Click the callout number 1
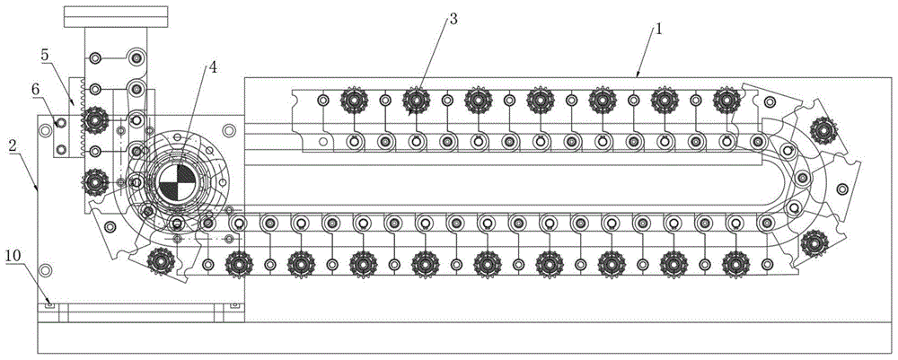click(659, 29)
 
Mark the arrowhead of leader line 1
click(638, 75)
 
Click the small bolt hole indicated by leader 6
click(61, 122)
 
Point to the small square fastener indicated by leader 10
click(50, 305)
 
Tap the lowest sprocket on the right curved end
click(814, 240)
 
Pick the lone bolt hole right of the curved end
click(842, 189)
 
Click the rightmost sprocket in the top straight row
click(725, 99)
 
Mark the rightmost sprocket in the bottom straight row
click(735, 262)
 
